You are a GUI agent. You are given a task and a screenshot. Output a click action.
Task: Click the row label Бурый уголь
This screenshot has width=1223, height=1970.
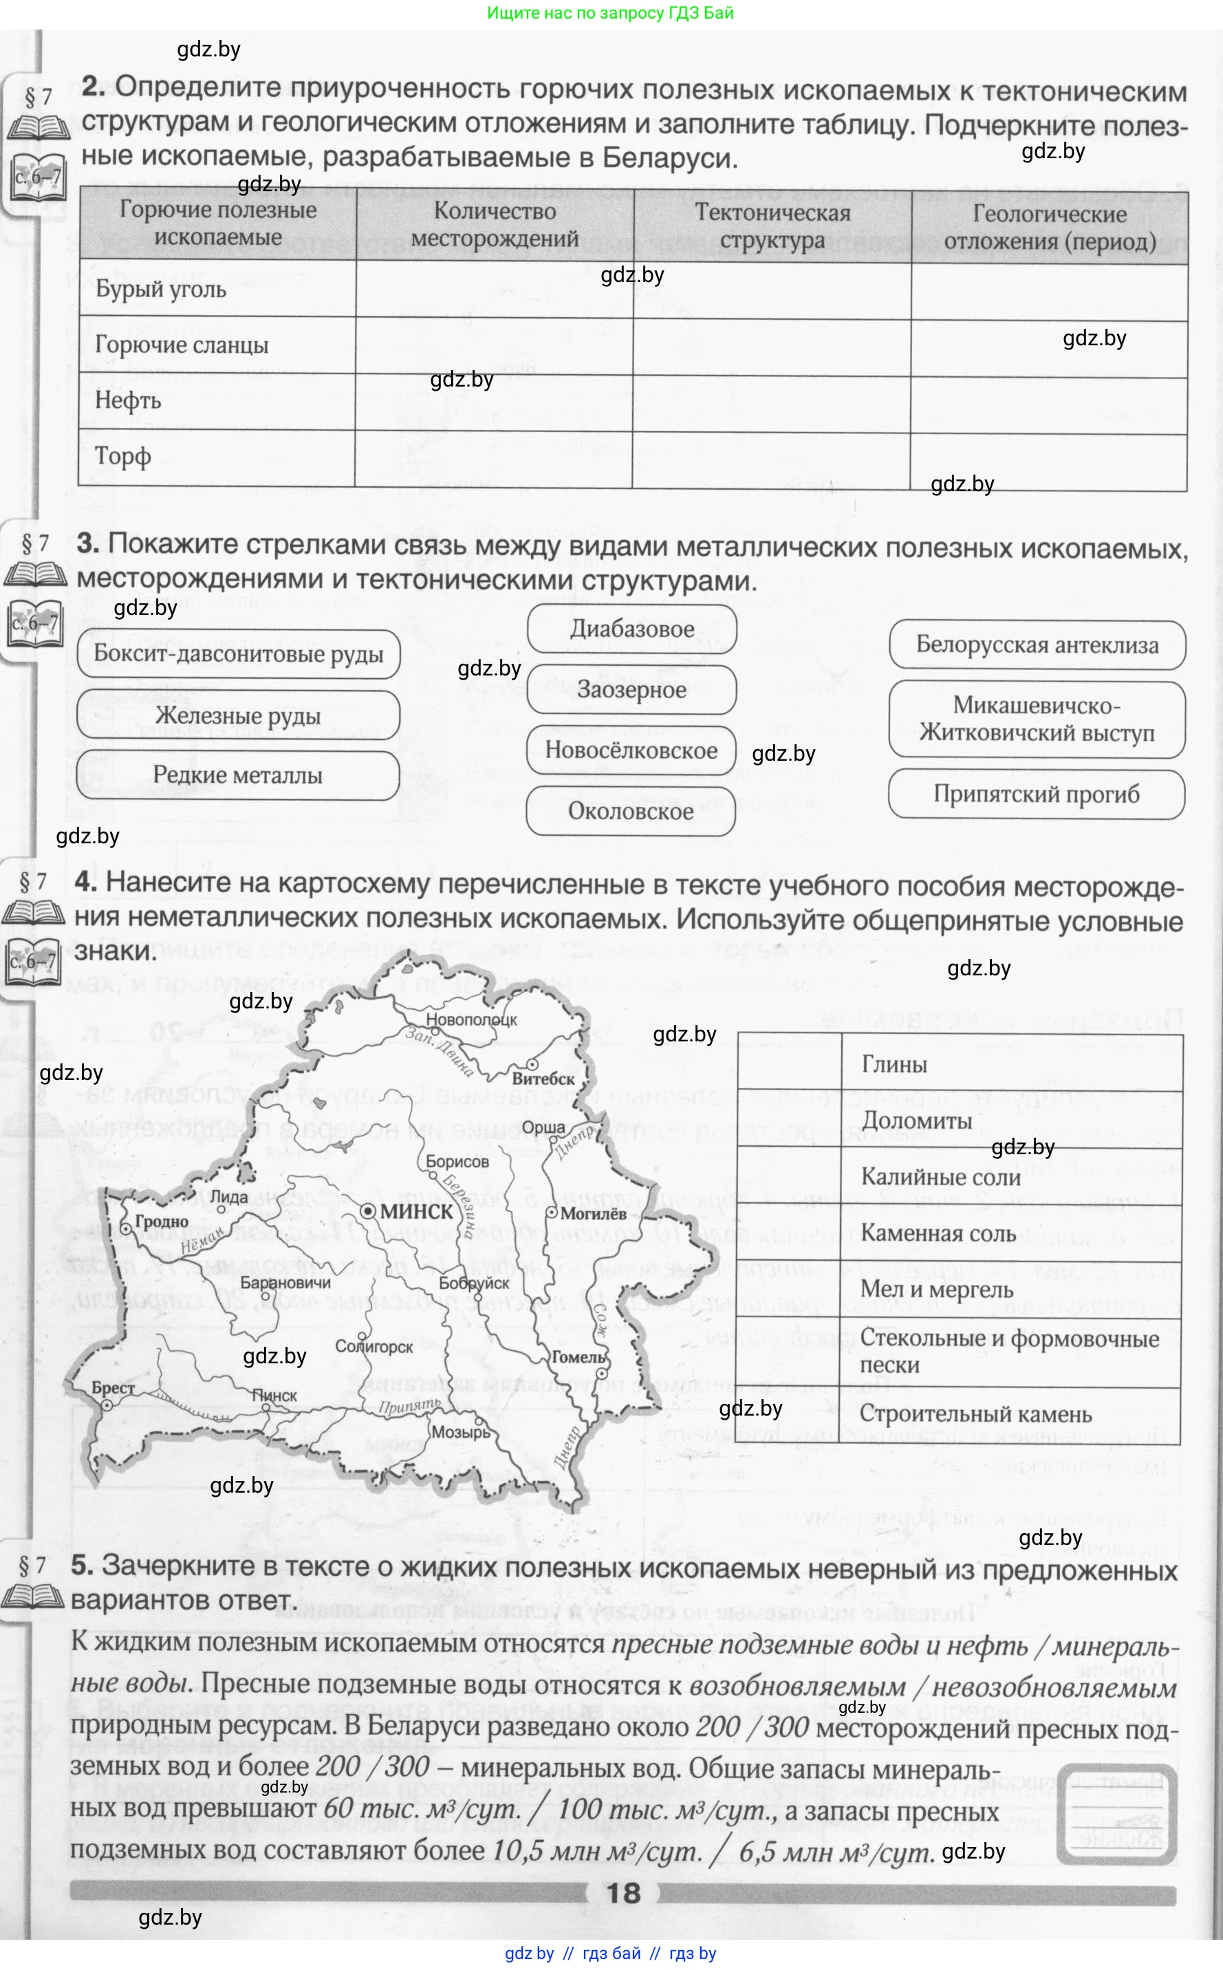click(x=161, y=289)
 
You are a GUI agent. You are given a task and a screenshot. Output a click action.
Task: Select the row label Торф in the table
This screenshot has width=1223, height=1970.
click(x=123, y=456)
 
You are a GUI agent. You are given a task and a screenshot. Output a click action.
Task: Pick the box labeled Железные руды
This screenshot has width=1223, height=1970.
click(x=238, y=715)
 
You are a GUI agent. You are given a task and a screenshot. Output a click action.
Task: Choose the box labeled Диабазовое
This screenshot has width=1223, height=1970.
click(x=631, y=629)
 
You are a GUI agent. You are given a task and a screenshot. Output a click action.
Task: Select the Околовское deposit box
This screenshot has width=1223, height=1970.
click(x=631, y=811)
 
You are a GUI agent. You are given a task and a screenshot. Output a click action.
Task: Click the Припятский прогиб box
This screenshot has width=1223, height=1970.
click(x=1036, y=794)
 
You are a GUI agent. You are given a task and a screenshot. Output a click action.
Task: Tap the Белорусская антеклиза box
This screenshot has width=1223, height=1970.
click(x=1037, y=645)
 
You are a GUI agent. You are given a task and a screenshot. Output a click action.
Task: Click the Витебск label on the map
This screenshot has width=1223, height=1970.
click(x=543, y=1079)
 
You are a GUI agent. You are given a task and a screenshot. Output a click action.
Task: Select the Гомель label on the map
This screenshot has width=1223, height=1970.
click(x=578, y=1357)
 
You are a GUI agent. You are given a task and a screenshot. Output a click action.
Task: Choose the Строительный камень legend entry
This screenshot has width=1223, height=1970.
click(x=975, y=1414)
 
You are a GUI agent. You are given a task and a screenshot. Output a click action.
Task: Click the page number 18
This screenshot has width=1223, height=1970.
click(x=623, y=1893)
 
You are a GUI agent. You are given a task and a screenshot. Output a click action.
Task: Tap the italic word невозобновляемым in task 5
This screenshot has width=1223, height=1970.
click(x=1054, y=1689)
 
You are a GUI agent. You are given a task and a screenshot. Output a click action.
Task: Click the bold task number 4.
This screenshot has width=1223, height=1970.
click(x=86, y=882)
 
